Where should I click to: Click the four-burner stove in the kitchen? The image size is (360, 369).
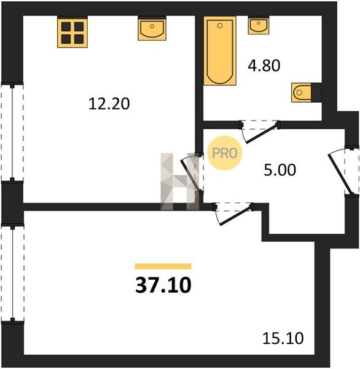tap(72, 33)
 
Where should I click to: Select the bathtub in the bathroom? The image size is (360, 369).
tap(220, 50)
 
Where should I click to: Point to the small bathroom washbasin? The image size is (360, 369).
tap(259, 26)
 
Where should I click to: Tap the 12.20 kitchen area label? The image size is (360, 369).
tap(109, 104)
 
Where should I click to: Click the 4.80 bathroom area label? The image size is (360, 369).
tap(264, 65)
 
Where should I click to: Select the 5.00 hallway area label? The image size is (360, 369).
tap(280, 170)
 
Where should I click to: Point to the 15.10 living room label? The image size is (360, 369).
tap(283, 338)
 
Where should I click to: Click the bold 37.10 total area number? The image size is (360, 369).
tap(163, 285)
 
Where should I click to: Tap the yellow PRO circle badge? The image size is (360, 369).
tap(225, 153)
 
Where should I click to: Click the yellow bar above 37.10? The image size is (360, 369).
tap(163, 266)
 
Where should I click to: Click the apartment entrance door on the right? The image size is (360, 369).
tap(343, 171)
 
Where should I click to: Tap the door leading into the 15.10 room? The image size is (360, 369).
tap(233, 213)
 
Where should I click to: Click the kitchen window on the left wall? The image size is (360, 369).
tap(12, 132)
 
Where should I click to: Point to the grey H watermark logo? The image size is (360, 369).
tap(180, 181)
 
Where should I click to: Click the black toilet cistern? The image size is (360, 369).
tap(316, 92)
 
